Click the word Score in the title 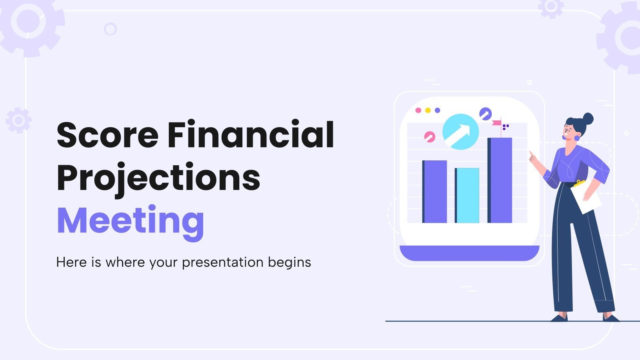pyautogui.click(x=107, y=135)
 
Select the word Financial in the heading pyautogui.click(x=251, y=134)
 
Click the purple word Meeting pyautogui.click(x=130, y=221)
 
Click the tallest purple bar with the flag pyautogui.click(x=500, y=180)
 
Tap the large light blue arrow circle pyautogui.click(x=460, y=132)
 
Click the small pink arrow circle pyautogui.click(x=430, y=137)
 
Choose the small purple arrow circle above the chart pyautogui.click(x=485, y=113)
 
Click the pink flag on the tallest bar pyautogui.click(x=496, y=123)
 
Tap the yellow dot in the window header pyautogui.click(x=428, y=110)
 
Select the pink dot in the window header pyautogui.click(x=418, y=110)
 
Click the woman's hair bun pyautogui.click(x=588, y=118)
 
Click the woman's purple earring pyautogui.click(x=577, y=138)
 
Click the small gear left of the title pyautogui.click(x=18, y=120)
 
